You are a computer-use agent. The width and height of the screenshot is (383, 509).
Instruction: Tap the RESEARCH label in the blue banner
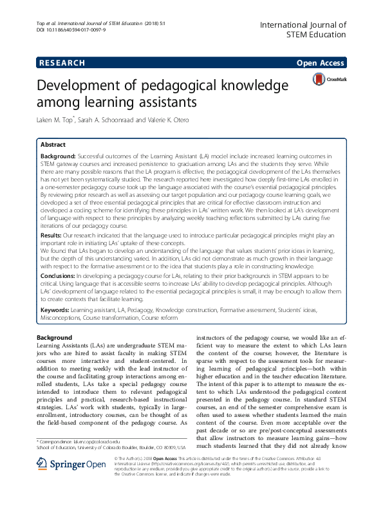tap(62, 62)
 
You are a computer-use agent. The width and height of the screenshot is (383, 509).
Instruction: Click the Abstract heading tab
tap(53, 145)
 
